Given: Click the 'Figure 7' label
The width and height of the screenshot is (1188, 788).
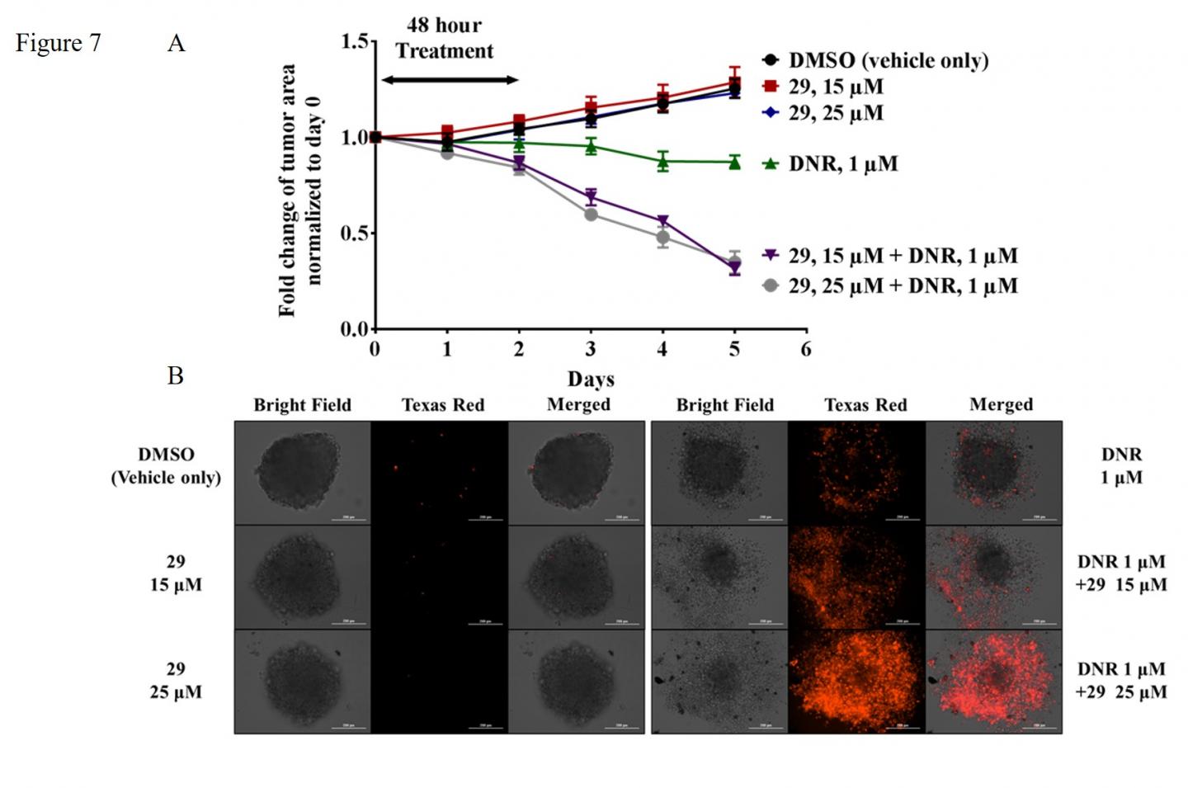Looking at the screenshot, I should tap(58, 43).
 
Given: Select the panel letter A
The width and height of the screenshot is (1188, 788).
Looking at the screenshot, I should tap(176, 43).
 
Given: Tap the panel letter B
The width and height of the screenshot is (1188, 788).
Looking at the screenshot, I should tap(175, 375).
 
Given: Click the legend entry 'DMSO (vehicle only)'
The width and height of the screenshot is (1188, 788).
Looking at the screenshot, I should tap(888, 60).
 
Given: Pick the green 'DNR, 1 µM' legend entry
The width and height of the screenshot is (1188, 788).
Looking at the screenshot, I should tap(842, 163).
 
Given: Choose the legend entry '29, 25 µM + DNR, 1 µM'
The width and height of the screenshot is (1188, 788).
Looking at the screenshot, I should tap(903, 285).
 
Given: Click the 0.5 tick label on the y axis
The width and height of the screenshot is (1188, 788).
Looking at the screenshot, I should tap(355, 234).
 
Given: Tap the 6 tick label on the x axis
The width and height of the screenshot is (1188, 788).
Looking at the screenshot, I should tap(806, 349).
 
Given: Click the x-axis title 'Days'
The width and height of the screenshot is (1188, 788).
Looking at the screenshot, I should tap(590, 379).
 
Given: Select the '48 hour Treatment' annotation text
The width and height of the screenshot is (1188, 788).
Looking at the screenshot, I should tap(444, 38).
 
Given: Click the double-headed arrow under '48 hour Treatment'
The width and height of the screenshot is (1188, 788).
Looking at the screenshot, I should tap(450, 80).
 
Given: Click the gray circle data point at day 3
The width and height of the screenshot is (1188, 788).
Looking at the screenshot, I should tap(591, 215).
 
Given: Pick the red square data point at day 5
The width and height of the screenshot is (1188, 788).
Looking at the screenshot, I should tap(734, 82).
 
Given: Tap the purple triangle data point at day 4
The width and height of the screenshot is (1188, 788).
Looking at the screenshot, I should tap(662, 221).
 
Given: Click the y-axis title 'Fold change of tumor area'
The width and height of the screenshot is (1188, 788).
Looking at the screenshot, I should tap(286, 190).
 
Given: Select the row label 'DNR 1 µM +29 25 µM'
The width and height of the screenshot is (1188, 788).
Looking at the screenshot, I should tap(1120, 680).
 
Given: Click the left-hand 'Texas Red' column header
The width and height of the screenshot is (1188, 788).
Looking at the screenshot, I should tap(442, 405).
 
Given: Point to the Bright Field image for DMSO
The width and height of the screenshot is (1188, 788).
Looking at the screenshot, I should tap(302, 473).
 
